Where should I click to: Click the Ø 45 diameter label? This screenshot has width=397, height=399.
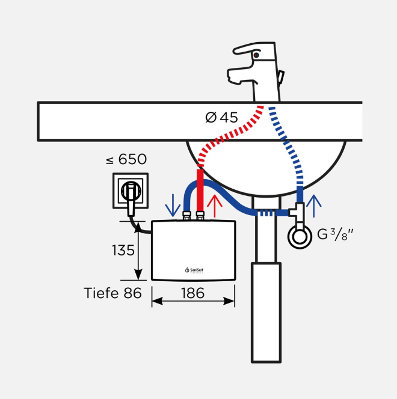[221, 117]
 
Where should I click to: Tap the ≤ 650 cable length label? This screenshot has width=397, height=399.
[126, 159]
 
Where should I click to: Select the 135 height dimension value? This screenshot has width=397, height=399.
[123, 250]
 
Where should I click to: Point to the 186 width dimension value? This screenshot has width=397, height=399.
[192, 293]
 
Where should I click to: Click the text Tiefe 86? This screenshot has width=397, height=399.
[112, 293]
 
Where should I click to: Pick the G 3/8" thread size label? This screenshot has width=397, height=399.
[335, 234]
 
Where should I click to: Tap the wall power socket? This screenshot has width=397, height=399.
[129, 190]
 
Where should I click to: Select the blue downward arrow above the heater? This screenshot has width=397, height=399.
[173, 205]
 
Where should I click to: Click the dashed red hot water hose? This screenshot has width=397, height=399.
[232, 133]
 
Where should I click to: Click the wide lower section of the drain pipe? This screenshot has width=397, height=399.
[266, 312]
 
